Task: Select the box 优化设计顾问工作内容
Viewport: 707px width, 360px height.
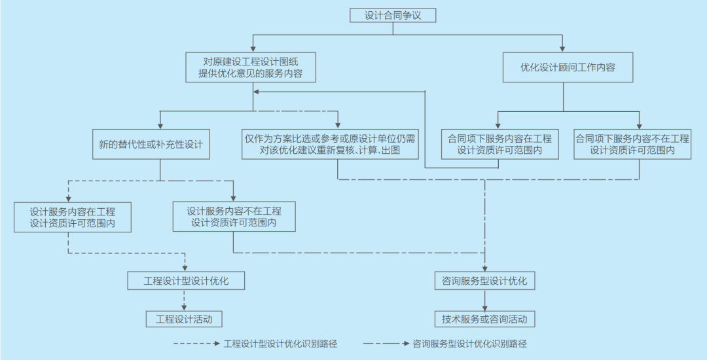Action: pyautogui.click(x=567, y=67)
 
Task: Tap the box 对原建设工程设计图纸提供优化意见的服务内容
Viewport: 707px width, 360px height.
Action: pyautogui.click(x=250, y=67)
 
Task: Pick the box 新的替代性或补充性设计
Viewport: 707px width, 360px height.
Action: pyautogui.click(x=151, y=145)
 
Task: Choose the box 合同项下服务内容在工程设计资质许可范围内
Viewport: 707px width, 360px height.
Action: pyautogui.click(x=499, y=145)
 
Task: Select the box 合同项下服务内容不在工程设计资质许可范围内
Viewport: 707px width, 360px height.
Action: pyautogui.click(x=632, y=145)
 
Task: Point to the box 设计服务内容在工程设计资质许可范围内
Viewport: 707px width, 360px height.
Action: pyautogui.click(x=72, y=217)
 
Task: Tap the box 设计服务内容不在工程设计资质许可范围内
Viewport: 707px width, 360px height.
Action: pyautogui.click(x=234, y=217)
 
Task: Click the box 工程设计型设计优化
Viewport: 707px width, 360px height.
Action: pyautogui.click(x=186, y=281)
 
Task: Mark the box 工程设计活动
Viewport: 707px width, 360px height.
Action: pyautogui.click(x=184, y=319)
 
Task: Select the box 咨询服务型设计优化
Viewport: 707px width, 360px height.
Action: pyautogui.click(x=485, y=281)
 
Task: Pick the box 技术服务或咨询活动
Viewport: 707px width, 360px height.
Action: pyautogui.click(x=485, y=319)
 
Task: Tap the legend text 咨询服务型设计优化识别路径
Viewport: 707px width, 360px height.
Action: pyautogui.click(x=470, y=344)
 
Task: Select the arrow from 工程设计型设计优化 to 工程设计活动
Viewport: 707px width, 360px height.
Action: pyautogui.click(x=184, y=300)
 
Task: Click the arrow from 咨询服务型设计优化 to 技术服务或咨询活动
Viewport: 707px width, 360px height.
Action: pyautogui.click(x=485, y=300)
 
